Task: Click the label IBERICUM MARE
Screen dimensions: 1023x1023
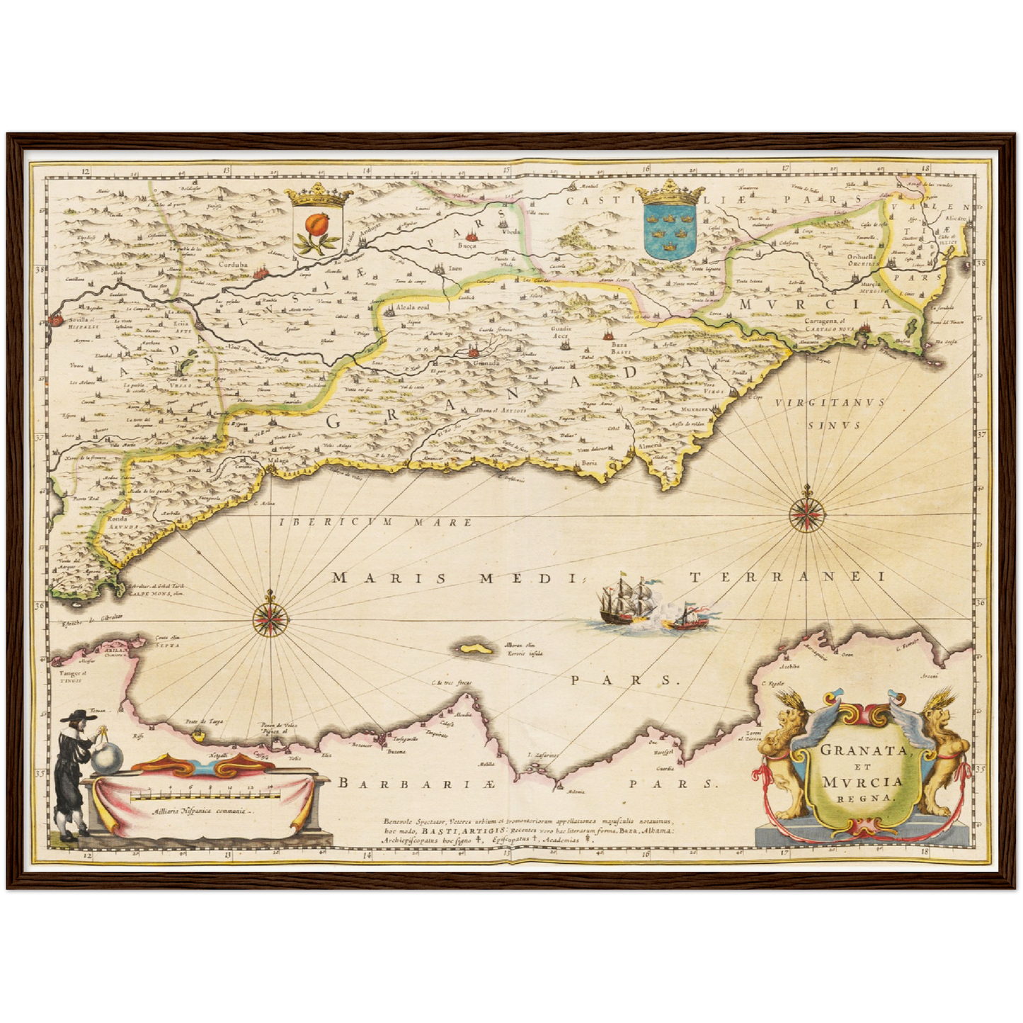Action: tap(376, 522)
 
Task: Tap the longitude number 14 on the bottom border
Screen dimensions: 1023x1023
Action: tap(367, 855)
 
